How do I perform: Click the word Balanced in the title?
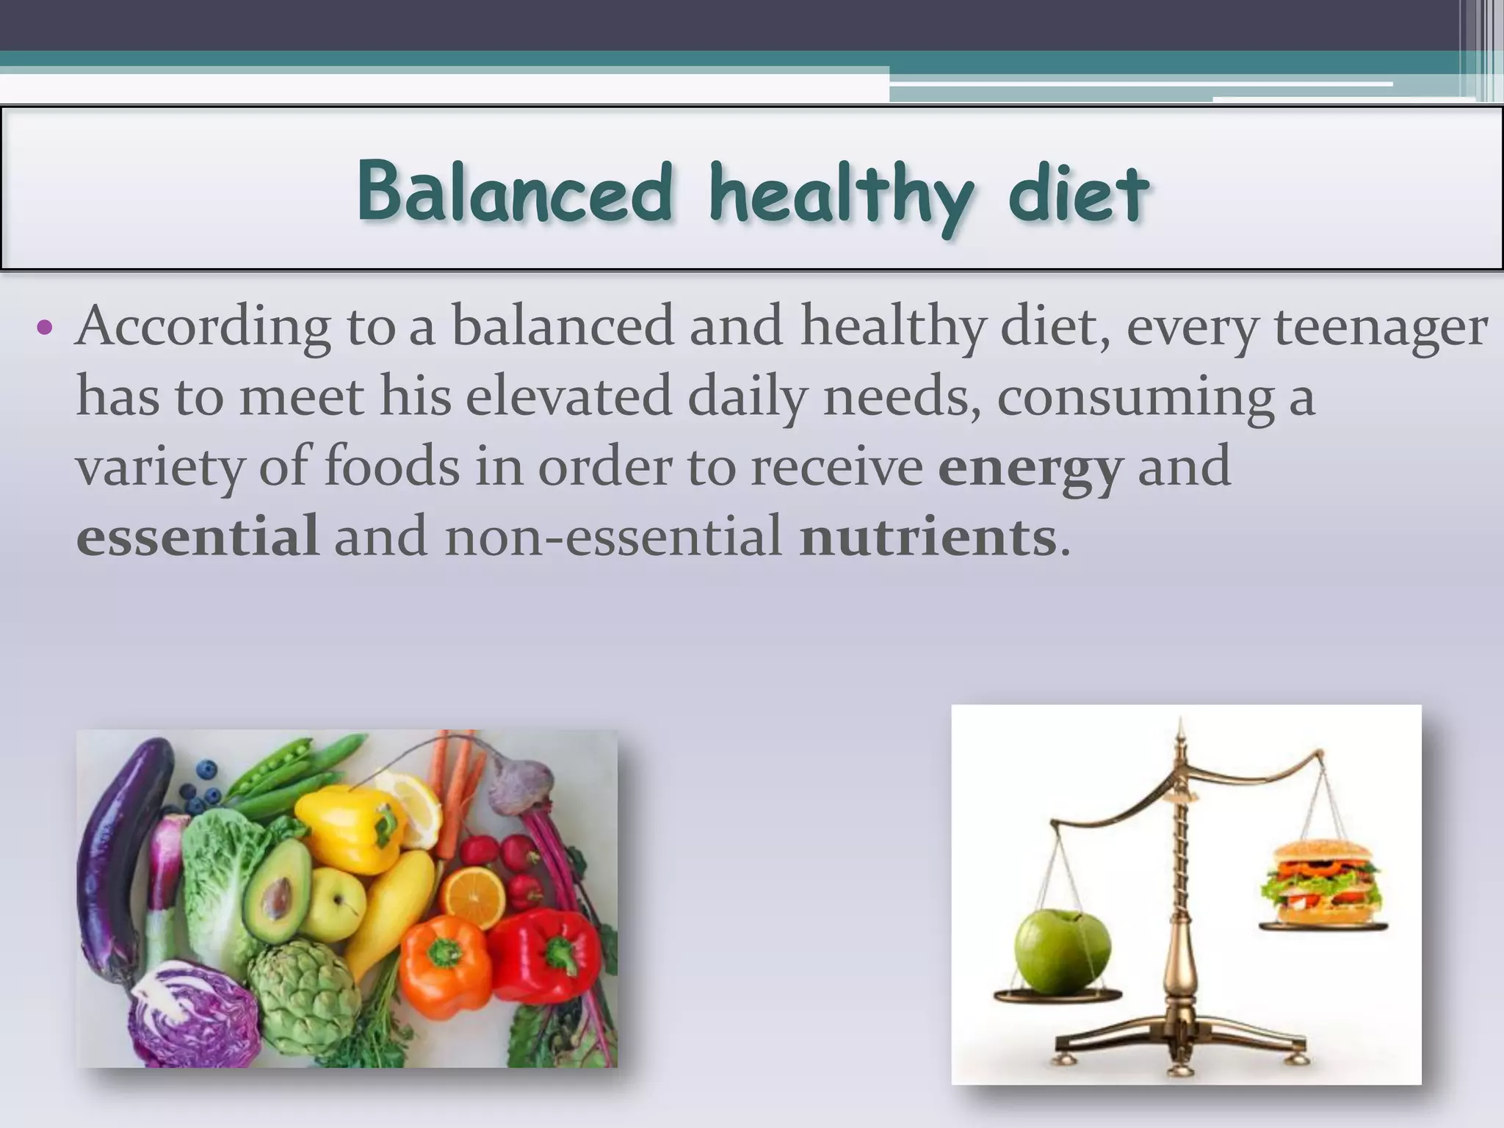(x=515, y=192)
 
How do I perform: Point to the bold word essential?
(x=198, y=537)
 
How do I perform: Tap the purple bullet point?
(x=45, y=328)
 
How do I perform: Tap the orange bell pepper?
(x=445, y=958)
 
